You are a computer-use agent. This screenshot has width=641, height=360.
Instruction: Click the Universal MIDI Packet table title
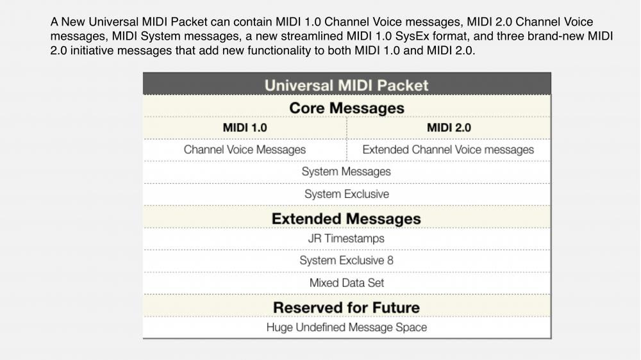[346, 85]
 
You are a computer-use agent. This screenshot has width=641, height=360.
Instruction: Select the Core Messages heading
[347, 108]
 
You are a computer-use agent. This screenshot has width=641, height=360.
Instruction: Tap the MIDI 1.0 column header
[245, 128]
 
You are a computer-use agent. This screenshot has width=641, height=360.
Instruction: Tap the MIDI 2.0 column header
[449, 128]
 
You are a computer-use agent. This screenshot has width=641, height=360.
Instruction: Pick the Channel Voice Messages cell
[244, 149]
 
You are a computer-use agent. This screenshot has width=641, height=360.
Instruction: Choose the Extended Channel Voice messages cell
[448, 149]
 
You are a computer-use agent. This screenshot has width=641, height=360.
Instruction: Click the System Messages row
[346, 172]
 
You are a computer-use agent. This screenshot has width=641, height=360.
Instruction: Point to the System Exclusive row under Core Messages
[347, 194]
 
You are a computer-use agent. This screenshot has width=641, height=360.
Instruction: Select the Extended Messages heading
[346, 218]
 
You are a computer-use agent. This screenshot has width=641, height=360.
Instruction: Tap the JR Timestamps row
[346, 238]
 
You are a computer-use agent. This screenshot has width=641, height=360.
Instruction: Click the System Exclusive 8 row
[346, 260]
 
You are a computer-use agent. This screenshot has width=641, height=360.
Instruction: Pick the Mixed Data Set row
[347, 282]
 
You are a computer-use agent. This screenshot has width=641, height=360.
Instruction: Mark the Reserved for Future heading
[346, 307]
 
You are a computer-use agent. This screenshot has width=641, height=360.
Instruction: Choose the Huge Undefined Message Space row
[347, 327]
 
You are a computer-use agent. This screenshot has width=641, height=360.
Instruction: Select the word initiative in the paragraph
[92, 51]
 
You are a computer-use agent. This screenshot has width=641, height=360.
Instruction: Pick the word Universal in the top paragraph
[113, 22]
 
